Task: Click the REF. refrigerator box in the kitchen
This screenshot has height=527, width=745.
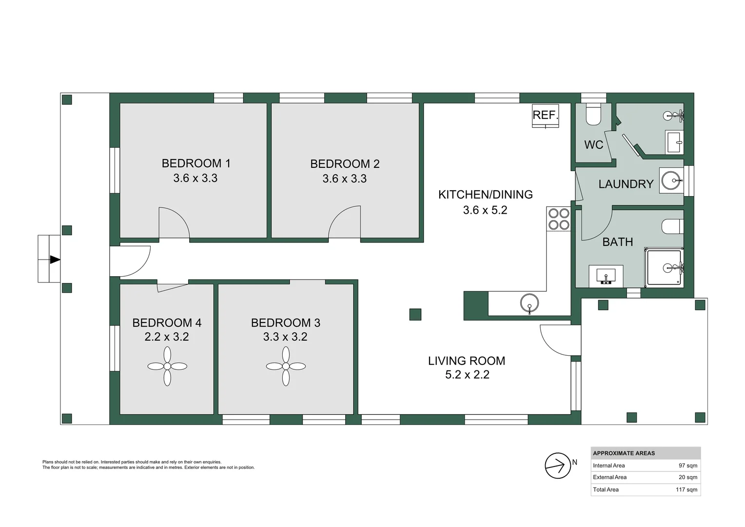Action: tap(545, 116)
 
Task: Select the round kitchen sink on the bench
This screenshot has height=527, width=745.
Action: tap(529, 304)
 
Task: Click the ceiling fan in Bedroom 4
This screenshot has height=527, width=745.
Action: tap(167, 366)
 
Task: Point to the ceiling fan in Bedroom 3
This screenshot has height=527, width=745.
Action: tap(286, 366)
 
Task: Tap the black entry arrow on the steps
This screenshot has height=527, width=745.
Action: tap(55, 259)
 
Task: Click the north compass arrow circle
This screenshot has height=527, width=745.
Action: tap(558, 466)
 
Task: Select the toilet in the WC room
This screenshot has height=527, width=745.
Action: tap(593, 114)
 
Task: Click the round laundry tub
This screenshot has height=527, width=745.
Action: tap(671, 180)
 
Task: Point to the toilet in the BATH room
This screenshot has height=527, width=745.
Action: tap(672, 226)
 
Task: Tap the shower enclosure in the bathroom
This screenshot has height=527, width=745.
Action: tap(664, 267)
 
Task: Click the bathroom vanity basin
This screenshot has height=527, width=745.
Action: tap(606, 276)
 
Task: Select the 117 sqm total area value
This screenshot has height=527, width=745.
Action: tap(686, 489)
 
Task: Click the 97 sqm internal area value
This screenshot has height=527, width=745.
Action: tap(688, 466)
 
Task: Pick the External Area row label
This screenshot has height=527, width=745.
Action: tap(609, 477)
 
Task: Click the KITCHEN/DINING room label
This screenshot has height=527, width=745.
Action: tap(485, 194)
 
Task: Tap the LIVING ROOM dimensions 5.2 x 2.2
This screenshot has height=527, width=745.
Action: tap(467, 375)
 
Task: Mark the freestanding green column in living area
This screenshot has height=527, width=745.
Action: tap(415, 314)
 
